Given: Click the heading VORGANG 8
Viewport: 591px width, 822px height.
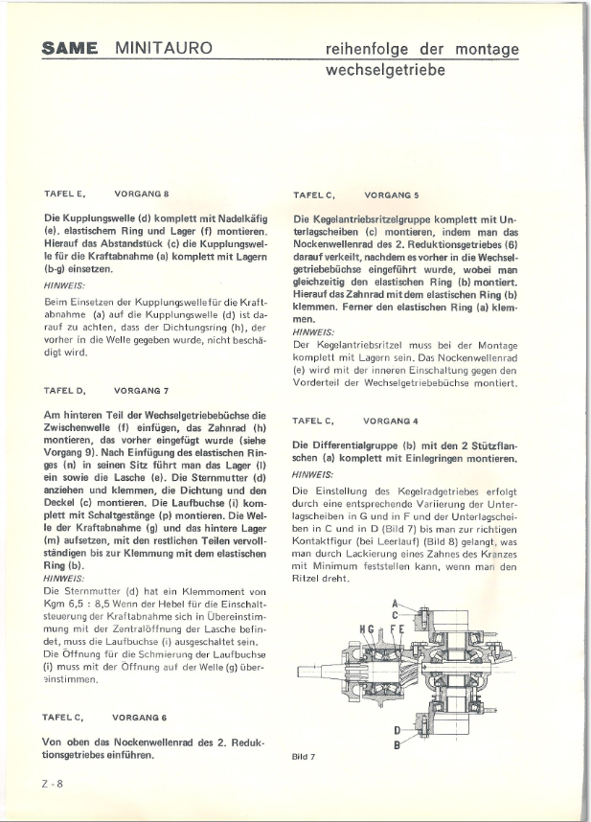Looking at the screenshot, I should pos(141,194).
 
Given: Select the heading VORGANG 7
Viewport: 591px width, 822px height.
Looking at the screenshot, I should pos(141,364).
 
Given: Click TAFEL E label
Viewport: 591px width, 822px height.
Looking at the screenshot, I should pos(65,194).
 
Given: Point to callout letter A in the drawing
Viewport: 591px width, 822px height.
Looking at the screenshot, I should pos(394,604).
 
